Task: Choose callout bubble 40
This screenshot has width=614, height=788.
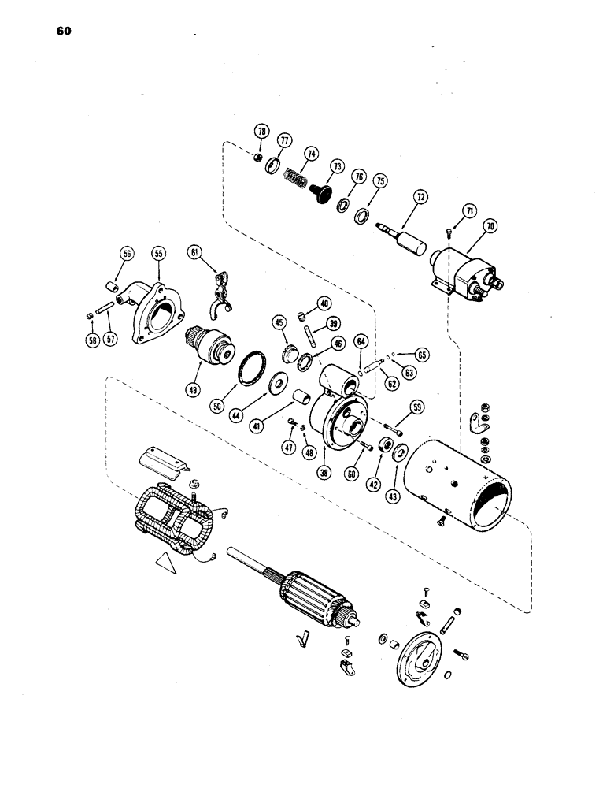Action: pos(324,304)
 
